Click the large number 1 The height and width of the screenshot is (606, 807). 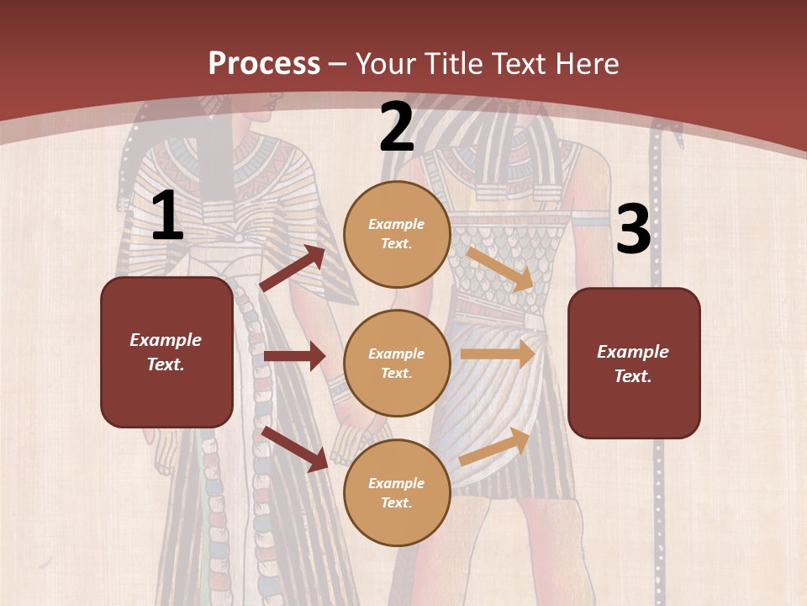(167, 216)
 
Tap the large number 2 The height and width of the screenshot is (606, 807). (397, 128)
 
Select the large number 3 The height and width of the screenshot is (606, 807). (633, 229)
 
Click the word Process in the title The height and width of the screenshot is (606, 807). (264, 63)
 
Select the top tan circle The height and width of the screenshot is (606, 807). (397, 234)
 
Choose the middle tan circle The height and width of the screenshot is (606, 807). (397, 363)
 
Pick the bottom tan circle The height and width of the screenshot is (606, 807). (397, 492)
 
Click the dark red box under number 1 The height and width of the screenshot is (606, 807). (166, 352)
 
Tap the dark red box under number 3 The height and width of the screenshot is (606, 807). (634, 363)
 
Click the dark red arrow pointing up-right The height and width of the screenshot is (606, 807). (293, 268)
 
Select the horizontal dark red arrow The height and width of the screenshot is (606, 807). (294, 356)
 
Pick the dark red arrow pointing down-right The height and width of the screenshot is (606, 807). (295, 449)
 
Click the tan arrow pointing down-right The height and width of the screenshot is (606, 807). (500, 268)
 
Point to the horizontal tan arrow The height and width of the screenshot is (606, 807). (498, 354)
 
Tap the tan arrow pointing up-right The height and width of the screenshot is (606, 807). (494, 446)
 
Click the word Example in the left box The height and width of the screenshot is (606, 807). (166, 340)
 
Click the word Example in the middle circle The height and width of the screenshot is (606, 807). (397, 353)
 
